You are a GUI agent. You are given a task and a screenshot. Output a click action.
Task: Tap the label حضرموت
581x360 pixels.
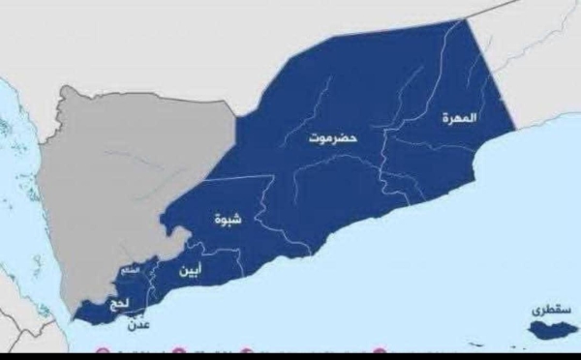333,138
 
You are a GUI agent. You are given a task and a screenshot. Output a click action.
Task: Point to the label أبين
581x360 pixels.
191,272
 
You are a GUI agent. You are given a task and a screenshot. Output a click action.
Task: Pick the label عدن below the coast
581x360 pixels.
138,326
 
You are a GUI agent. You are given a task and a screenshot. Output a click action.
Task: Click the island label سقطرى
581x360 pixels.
551,311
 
